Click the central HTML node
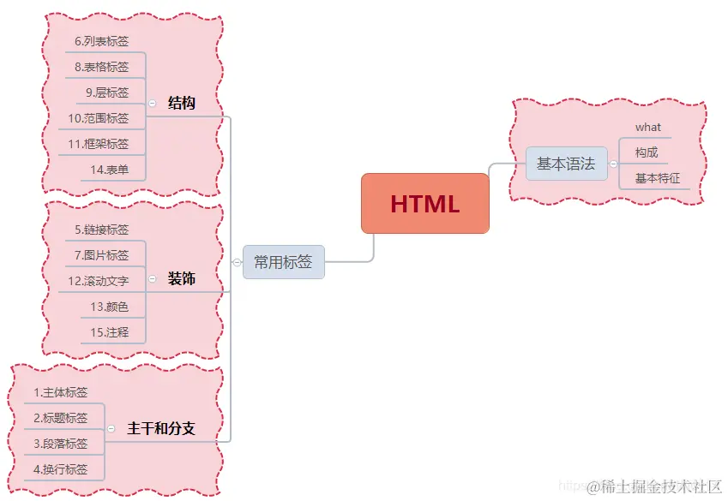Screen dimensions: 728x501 (x=424, y=204)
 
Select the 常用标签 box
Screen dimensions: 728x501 (x=283, y=262)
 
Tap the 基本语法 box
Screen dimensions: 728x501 (x=566, y=164)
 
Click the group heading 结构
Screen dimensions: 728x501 (x=182, y=104)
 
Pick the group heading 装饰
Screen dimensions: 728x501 (x=181, y=279)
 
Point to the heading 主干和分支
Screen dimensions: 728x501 (x=161, y=428)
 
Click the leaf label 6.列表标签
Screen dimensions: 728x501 (x=101, y=40)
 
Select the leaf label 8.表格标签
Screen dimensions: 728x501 (x=101, y=66)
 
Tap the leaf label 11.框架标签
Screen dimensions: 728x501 (x=99, y=144)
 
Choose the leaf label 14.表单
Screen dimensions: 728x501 (x=110, y=170)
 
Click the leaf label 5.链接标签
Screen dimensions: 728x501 (x=101, y=230)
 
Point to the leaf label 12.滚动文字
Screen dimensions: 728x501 (x=99, y=280)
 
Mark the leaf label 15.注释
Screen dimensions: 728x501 (x=110, y=331)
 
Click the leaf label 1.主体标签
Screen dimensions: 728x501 (x=61, y=392)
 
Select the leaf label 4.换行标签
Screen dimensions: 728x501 (x=61, y=468)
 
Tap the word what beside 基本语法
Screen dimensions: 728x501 (x=648, y=128)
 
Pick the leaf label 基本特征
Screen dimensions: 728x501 (x=658, y=178)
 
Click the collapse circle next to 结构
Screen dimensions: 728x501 (x=152, y=104)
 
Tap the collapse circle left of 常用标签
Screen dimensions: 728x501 (x=237, y=263)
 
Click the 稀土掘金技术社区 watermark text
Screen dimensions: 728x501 (x=661, y=486)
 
